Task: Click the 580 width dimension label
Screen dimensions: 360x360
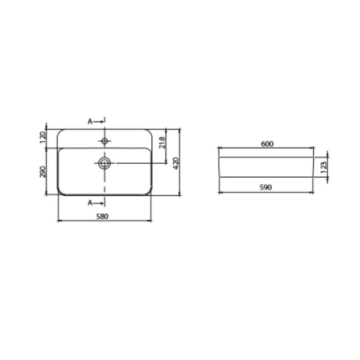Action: pos(102,216)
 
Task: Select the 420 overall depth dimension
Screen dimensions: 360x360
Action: pos(176,163)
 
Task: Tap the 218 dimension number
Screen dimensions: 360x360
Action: pos(162,143)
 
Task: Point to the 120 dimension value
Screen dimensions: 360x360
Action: pos(43,137)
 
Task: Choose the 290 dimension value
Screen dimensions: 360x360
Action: pos(43,172)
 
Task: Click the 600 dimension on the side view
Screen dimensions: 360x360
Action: pos(267,144)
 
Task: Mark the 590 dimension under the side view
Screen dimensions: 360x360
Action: pos(265,187)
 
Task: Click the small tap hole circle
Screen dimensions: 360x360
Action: pos(105,141)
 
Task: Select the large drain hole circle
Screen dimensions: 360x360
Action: pos(104,163)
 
